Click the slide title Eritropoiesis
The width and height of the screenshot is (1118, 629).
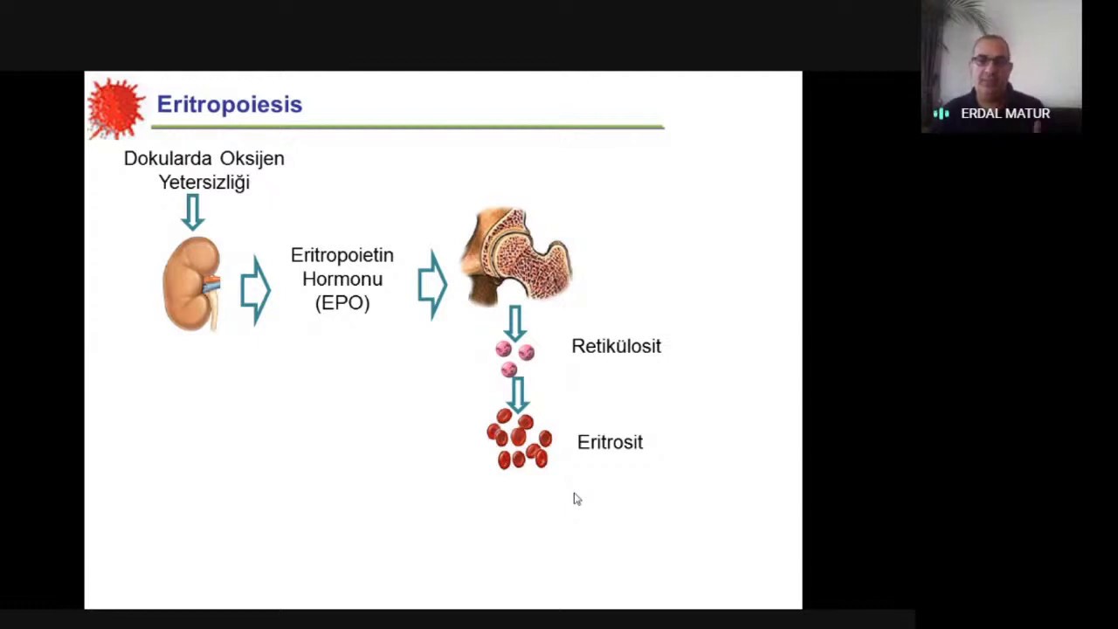(x=229, y=105)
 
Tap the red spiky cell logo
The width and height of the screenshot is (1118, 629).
(x=115, y=108)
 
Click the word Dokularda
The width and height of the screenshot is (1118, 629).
(x=167, y=159)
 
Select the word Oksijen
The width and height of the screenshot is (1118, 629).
(x=252, y=159)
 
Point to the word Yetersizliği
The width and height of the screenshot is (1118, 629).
(x=204, y=183)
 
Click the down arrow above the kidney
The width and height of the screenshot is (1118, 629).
(x=193, y=211)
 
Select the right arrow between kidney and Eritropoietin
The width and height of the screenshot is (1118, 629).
(x=255, y=289)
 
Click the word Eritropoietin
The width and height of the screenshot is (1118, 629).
(x=342, y=255)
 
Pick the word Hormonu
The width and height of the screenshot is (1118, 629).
(x=342, y=280)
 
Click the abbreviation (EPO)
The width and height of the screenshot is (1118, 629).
(x=342, y=303)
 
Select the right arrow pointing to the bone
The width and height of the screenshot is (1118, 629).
(x=432, y=284)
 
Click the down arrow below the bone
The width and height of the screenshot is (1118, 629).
(x=514, y=322)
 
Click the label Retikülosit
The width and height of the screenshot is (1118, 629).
(x=616, y=347)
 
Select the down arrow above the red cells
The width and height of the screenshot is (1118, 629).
(x=517, y=394)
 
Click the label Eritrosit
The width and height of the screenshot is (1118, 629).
(x=610, y=443)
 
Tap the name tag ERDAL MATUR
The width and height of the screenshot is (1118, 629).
(x=1004, y=114)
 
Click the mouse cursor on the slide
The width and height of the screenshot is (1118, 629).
(x=576, y=498)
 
